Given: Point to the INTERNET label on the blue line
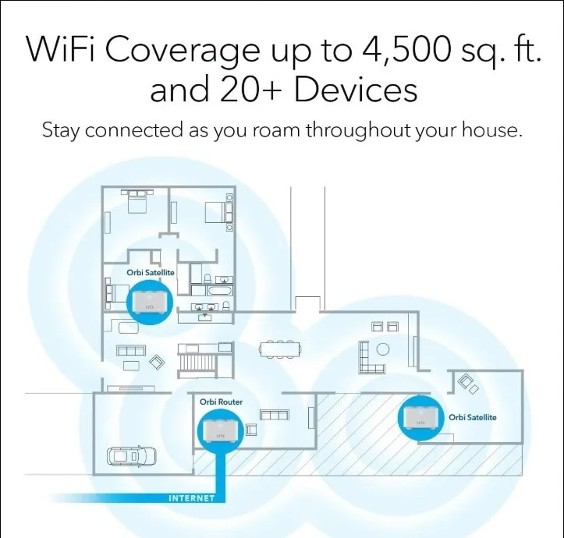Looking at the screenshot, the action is pyautogui.click(x=191, y=498).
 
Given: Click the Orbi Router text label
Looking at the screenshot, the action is pyautogui.click(x=221, y=402).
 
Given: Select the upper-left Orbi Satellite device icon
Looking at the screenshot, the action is pyautogui.click(x=150, y=302).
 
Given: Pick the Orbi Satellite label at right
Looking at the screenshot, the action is pyautogui.click(x=472, y=417).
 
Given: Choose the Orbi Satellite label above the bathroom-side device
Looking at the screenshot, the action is pyautogui.click(x=151, y=273).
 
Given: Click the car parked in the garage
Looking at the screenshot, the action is pyautogui.click(x=132, y=456).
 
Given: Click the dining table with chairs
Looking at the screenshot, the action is pyautogui.click(x=280, y=349).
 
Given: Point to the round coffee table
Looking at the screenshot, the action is pyautogui.click(x=383, y=349).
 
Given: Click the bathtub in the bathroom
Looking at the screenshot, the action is pyautogui.click(x=220, y=291).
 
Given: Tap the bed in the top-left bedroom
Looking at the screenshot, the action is pyautogui.click(x=137, y=200).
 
